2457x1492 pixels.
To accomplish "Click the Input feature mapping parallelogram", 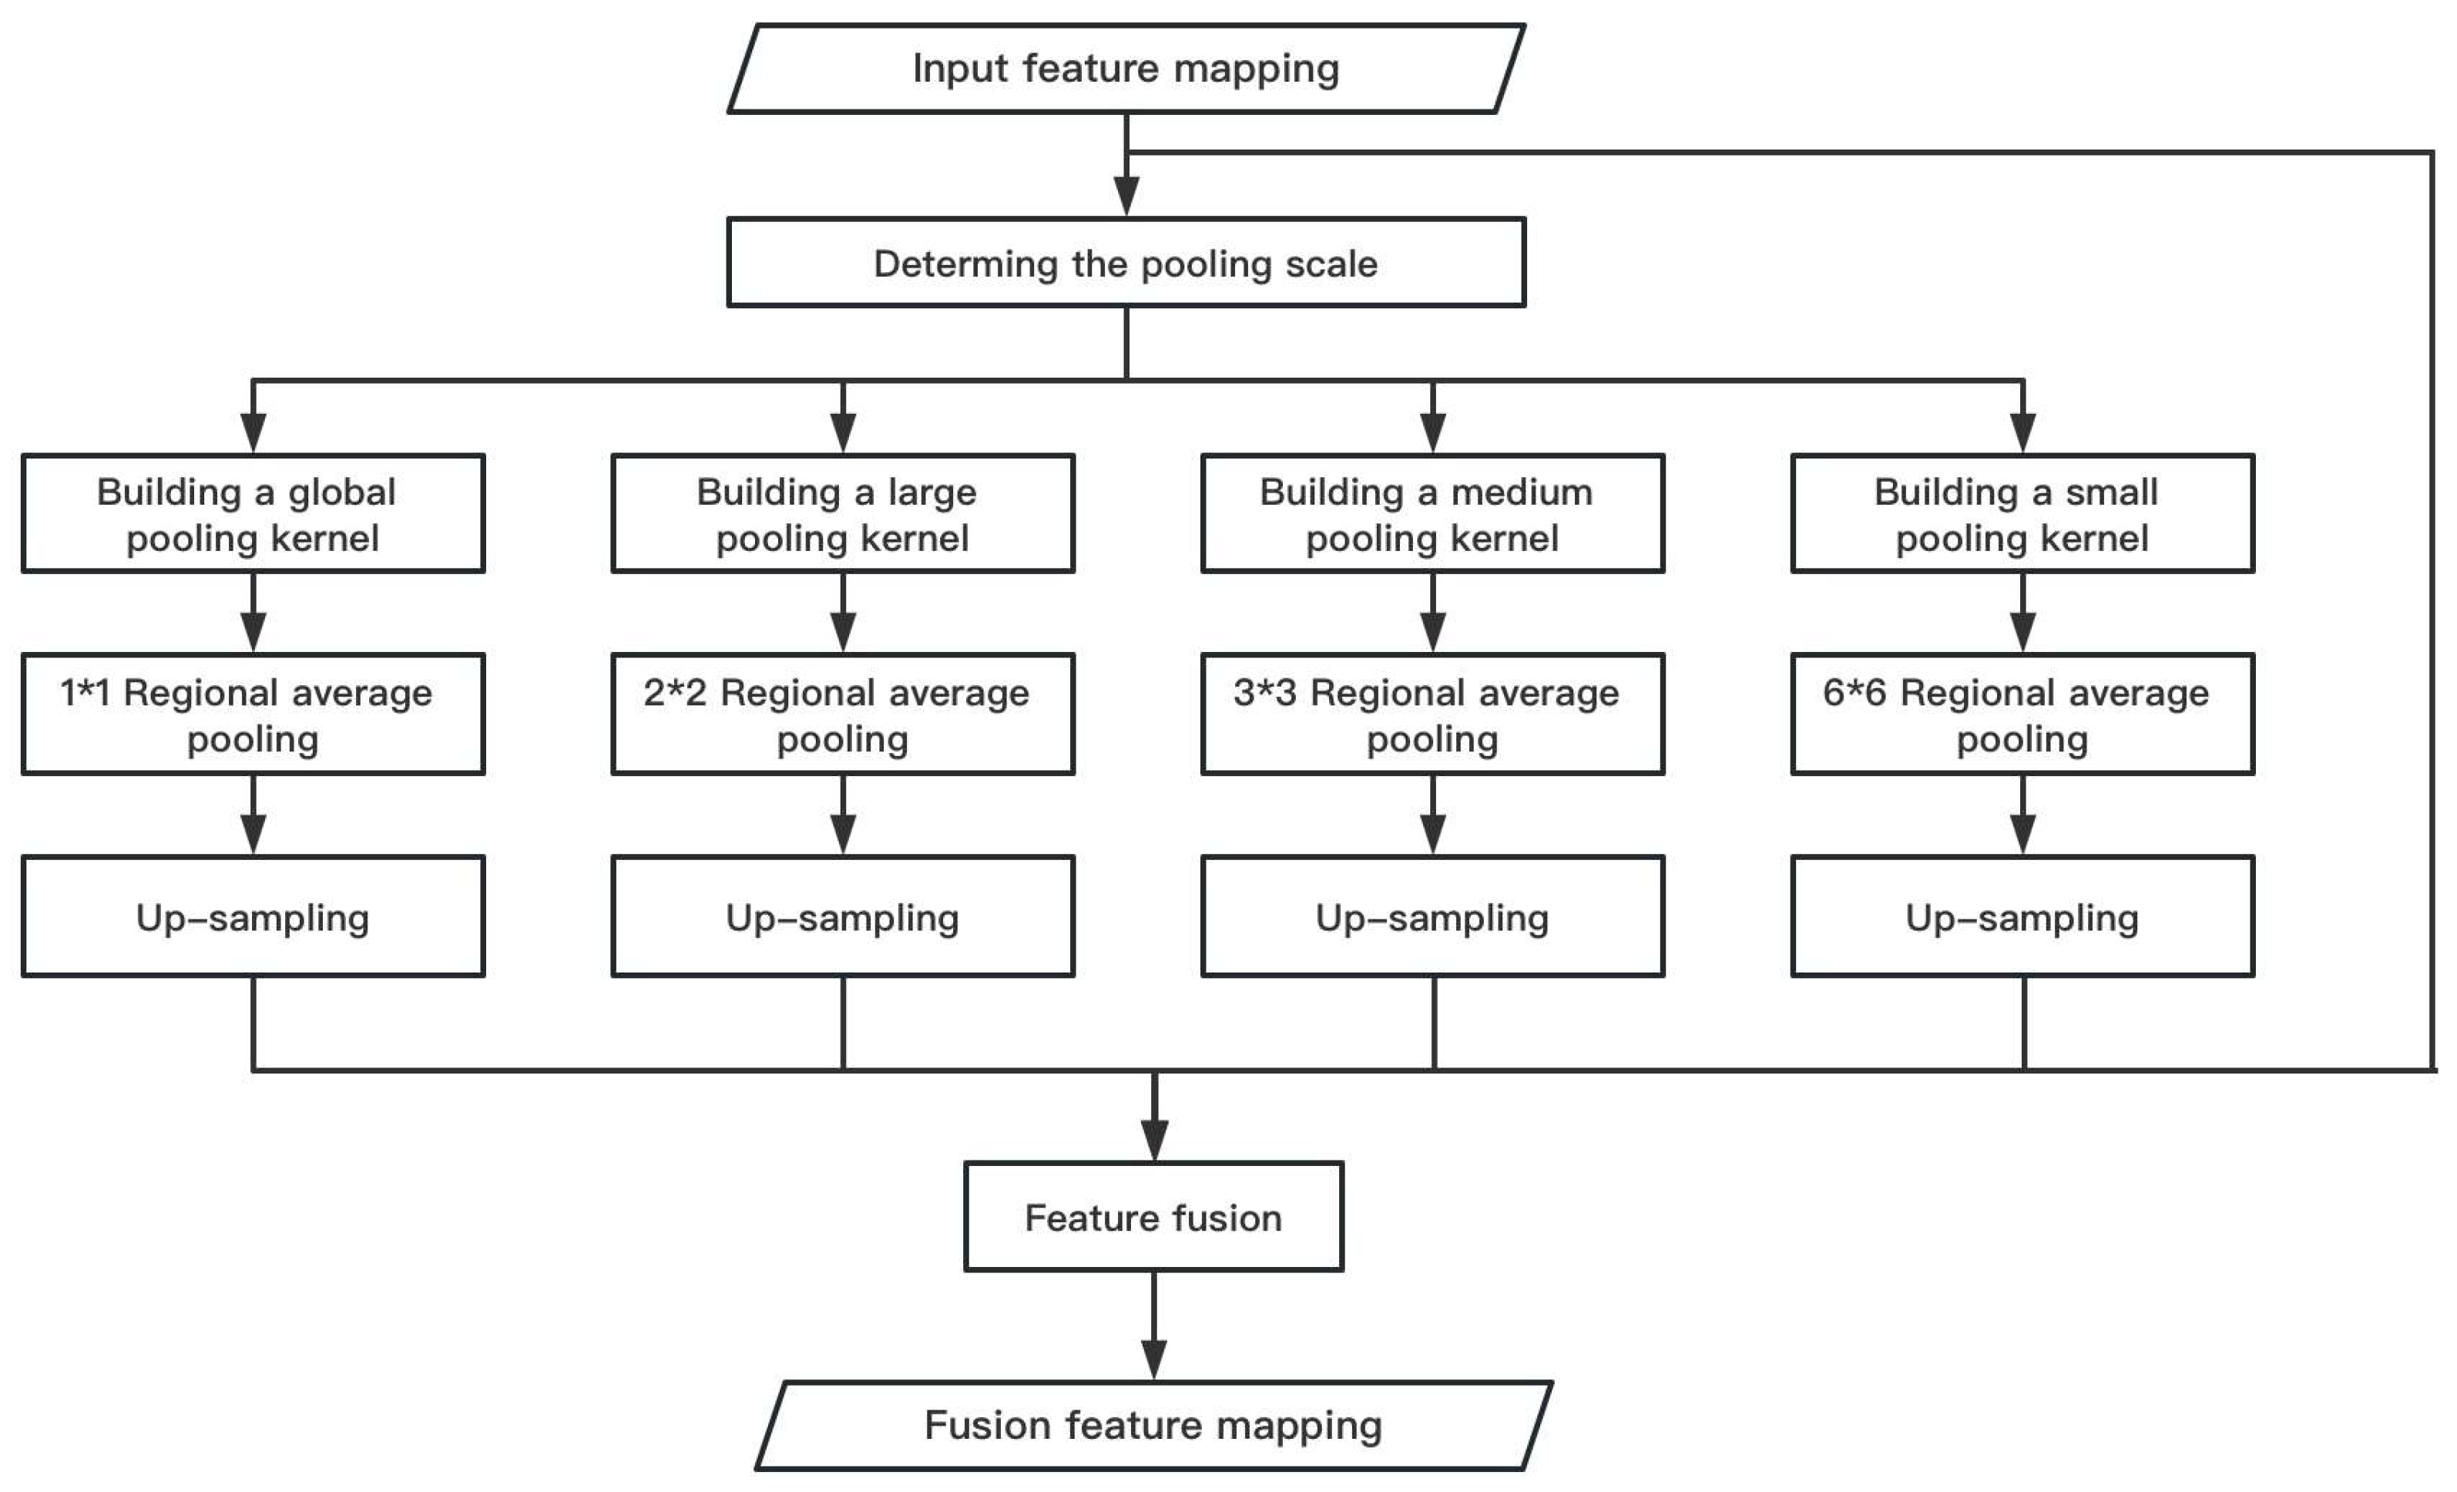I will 1125,69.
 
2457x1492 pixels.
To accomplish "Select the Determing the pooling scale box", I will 1125,262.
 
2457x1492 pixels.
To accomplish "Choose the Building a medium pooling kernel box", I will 1432,513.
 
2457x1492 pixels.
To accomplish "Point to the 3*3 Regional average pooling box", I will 1432,714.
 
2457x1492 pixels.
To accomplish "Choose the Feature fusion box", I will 1153,1217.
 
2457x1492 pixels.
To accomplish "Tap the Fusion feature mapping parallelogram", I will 1153,1425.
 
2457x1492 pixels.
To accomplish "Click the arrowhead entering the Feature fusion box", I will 1153,1140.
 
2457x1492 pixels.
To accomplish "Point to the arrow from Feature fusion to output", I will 1153,1326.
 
